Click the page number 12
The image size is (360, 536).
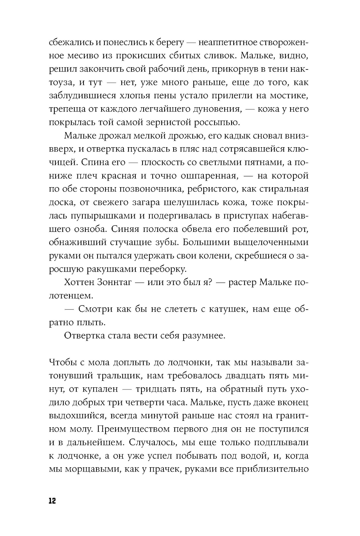click(x=52, y=501)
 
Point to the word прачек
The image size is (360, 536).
click(x=162, y=469)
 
